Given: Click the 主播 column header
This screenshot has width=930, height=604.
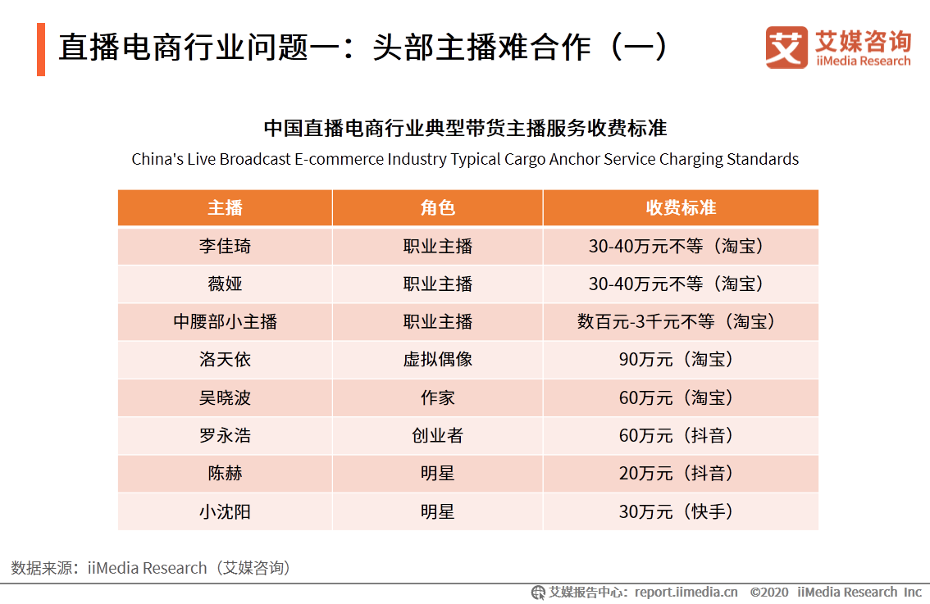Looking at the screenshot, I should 225,208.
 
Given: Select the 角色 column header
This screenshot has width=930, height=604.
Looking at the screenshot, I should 437,208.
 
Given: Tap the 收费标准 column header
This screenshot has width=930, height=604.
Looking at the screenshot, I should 680,208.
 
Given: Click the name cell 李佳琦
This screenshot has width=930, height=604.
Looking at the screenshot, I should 225,247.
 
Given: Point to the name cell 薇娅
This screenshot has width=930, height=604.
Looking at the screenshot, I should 225,284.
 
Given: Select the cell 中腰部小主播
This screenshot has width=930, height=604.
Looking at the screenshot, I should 225,322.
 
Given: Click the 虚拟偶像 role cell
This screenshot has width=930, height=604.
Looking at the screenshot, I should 437,360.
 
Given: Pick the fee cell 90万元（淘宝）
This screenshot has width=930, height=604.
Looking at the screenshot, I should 680,360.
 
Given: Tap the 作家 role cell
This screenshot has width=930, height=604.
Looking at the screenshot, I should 437,398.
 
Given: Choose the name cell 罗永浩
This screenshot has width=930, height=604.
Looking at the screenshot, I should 225,436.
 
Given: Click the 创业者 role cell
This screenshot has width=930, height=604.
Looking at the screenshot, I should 437,436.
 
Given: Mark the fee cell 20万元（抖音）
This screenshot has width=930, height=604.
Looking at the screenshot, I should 680,474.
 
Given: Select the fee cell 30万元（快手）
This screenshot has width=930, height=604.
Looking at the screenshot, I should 680,512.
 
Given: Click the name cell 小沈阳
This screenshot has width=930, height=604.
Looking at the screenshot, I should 225,512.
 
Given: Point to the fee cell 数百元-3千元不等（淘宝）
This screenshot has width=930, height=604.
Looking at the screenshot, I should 680,322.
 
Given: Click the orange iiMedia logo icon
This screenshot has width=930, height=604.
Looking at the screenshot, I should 786,48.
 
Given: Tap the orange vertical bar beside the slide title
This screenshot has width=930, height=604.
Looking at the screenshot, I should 40,49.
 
